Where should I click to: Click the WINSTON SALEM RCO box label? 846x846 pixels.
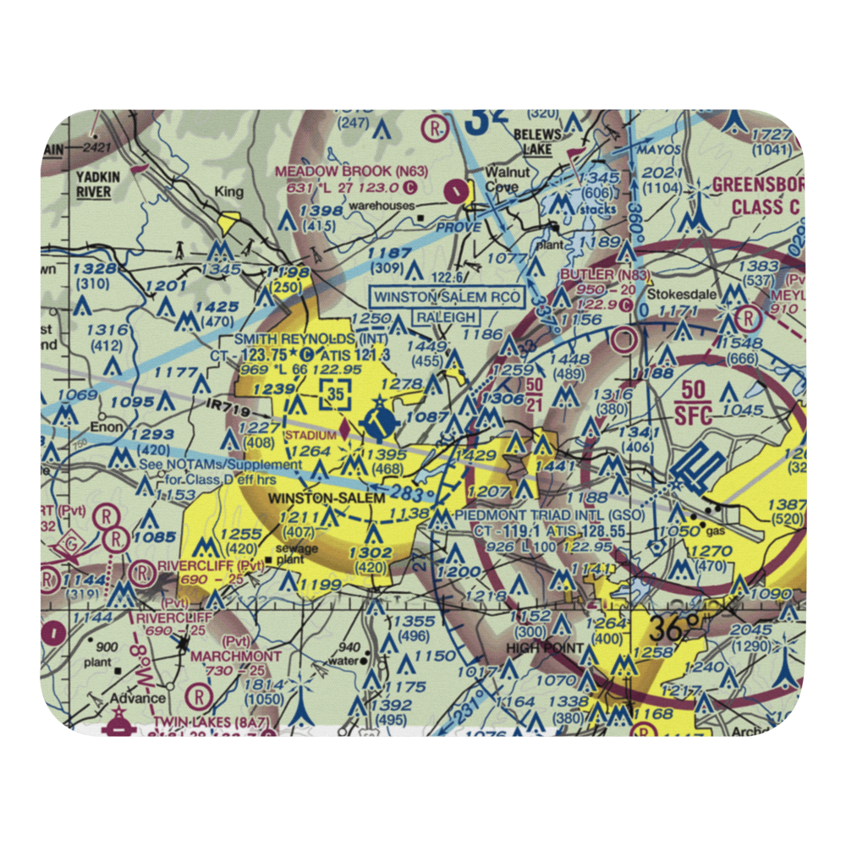tap(448, 298)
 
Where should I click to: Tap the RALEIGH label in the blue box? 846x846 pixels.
tap(446, 318)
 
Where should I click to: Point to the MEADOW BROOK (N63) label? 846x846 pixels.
tap(351, 171)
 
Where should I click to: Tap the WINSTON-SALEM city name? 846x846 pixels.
tap(327, 498)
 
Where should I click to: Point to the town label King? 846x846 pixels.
tap(228, 192)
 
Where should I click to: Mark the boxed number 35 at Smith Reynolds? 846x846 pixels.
tap(336, 393)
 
